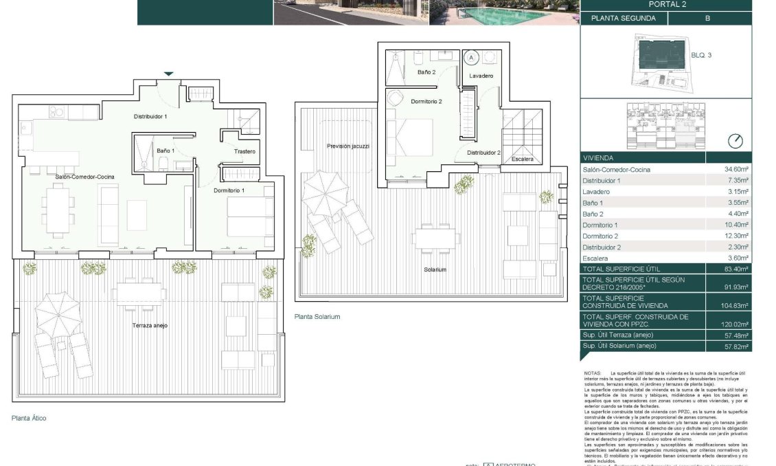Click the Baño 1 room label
(x=165, y=151)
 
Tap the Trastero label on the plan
(x=244, y=151)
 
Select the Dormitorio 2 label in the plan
(x=426, y=102)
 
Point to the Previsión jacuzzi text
(x=348, y=146)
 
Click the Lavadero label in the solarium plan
(x=481, y=76)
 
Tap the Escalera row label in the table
(x=597, y=257)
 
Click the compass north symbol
(x=735, y=141)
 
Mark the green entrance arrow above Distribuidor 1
(x=168, y=74)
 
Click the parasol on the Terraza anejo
(x=59, y=313)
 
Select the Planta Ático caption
(x=29, y=417)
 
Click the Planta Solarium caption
(x=317, y=317)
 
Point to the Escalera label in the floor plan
(x=522, y=159)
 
